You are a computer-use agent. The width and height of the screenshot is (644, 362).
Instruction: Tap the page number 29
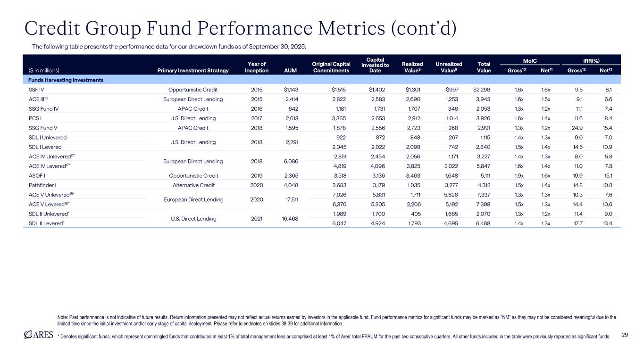625,335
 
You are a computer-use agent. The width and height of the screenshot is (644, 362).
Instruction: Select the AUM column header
291,71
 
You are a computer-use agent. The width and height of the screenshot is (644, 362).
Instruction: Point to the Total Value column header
484,67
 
